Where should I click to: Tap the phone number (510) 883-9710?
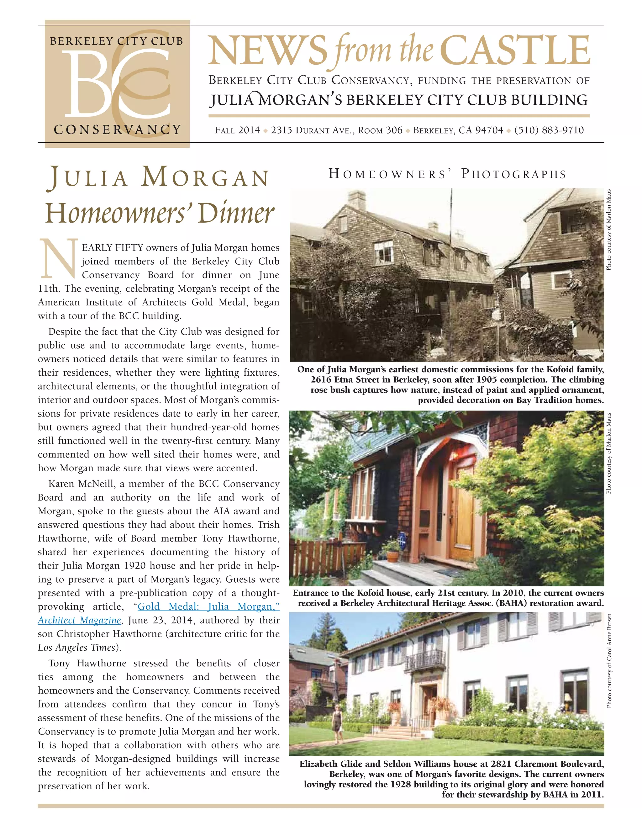point(549,130)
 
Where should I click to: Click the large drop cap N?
point(59,259)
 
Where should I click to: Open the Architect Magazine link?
point(79,621)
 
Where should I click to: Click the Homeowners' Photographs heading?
point(447,174)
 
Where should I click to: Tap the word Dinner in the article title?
point(236,214)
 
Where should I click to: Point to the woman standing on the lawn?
point(337,723)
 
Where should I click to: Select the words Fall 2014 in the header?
point(237,130)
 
